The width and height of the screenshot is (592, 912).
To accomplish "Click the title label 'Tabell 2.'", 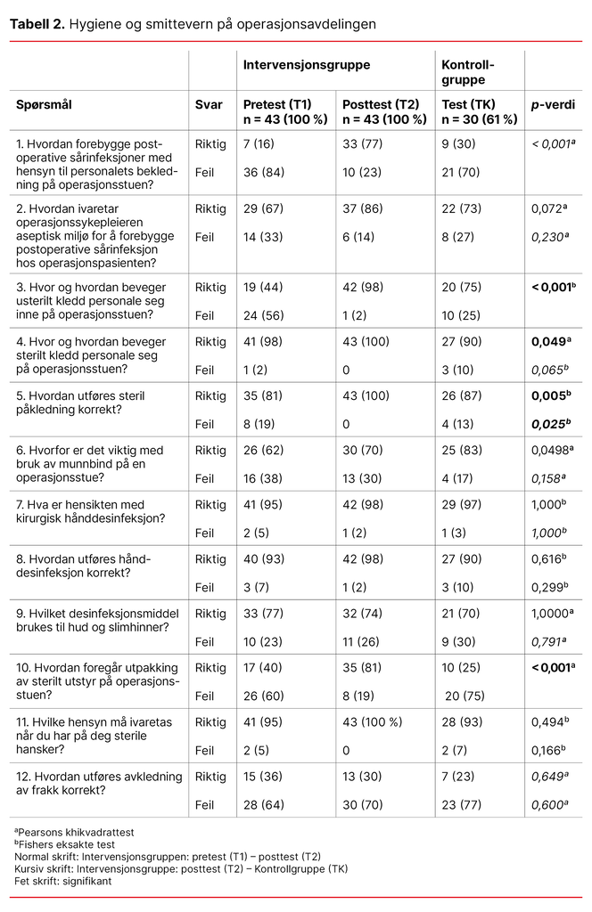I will tap(37, 24).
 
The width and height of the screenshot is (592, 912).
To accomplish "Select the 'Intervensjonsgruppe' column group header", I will tap(307, 65).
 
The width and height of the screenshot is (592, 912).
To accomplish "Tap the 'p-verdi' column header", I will tap(554, 104).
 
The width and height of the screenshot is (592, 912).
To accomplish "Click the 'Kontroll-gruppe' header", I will tap(469, 72).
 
